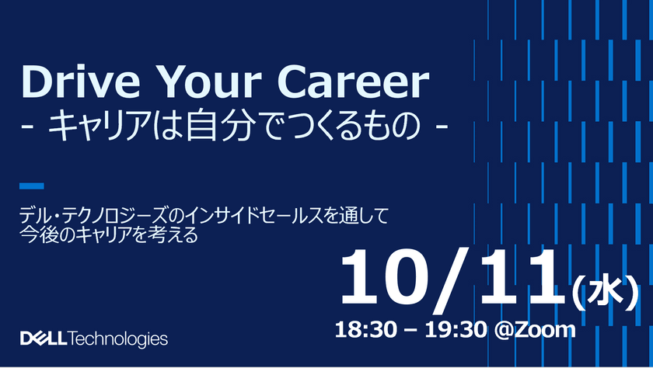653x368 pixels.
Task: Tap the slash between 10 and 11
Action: coord(452,277)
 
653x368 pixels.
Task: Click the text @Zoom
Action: coord(537,328)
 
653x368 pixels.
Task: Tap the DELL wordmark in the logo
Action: coord(44,339)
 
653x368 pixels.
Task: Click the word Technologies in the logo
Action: coord(118,339)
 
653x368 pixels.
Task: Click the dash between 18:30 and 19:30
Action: coord(407,329)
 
